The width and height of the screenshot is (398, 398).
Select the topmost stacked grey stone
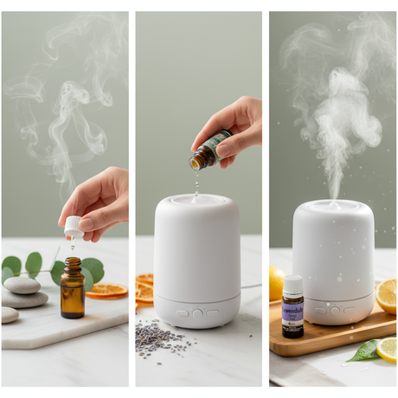(22, 285)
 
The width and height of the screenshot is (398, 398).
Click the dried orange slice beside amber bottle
(106, 291)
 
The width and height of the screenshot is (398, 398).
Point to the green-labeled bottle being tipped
(209, 151)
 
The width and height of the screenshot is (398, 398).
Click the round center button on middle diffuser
(198, 312)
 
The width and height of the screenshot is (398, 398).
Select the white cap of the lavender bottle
(292, 285)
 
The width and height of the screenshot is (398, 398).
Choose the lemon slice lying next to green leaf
(386, 349)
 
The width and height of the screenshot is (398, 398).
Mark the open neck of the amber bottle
(72, 260)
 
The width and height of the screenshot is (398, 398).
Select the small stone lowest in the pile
(9, 315)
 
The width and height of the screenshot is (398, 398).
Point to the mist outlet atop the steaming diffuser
(332, 204)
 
